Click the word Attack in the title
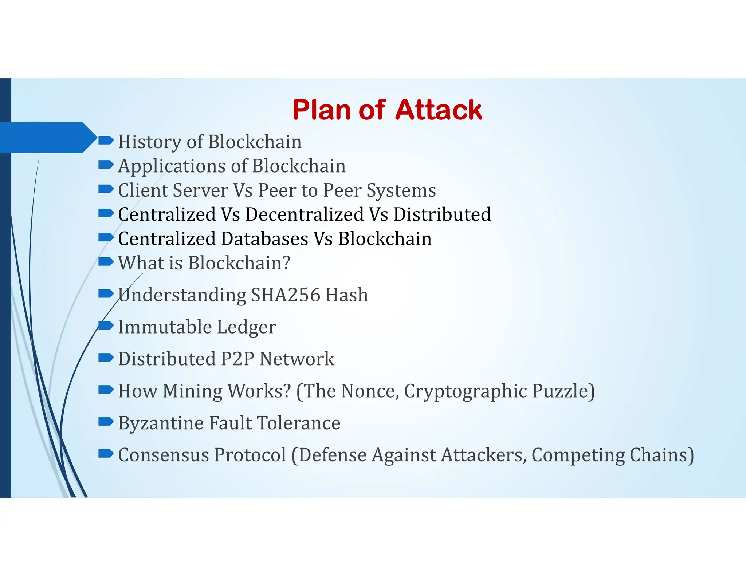439,110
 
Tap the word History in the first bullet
149,142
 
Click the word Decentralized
305,214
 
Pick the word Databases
264,239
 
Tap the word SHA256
286,295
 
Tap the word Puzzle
562,391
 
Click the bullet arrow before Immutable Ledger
106,325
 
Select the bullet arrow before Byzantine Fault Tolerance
106,422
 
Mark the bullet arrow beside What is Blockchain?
106,261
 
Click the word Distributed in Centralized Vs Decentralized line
442,214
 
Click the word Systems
401,191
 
